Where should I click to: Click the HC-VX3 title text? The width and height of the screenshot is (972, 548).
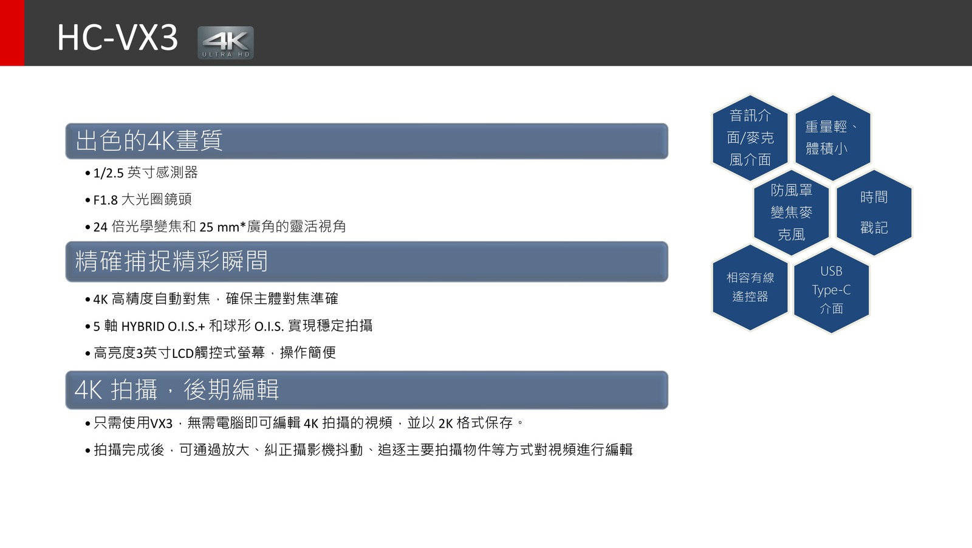tap(118, 37)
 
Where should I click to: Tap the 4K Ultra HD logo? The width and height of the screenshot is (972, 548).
tap(225, 43)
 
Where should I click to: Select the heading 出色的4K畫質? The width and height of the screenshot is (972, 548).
tap(149, 140)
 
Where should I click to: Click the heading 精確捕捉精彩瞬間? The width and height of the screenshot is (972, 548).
tap(171, 261)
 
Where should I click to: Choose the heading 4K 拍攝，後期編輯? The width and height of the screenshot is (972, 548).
tap(176, 389)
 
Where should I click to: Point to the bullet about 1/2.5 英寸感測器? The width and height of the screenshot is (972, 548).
tap(142, 173)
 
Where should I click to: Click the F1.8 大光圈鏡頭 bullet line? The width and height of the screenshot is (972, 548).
tap(139, 200)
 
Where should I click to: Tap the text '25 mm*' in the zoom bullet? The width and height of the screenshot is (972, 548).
tap(223, 227)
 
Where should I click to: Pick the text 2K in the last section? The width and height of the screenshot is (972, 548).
tap(446, 423)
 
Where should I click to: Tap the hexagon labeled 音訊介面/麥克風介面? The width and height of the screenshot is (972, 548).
tap(750, 137)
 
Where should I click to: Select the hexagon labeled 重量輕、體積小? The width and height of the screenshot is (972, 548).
tap(833, 137)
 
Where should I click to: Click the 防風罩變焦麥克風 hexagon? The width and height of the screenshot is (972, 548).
tap(792, 213)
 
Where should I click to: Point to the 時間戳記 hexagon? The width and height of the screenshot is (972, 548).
tap(874, 213)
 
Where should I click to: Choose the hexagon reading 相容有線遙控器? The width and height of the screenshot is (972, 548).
tap(750, 287)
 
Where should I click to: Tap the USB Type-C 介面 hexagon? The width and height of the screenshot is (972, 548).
tap(832, 290)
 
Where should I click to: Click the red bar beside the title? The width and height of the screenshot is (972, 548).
tap(12, 33)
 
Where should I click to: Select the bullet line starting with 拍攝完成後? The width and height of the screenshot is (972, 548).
tap(359, 450)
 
